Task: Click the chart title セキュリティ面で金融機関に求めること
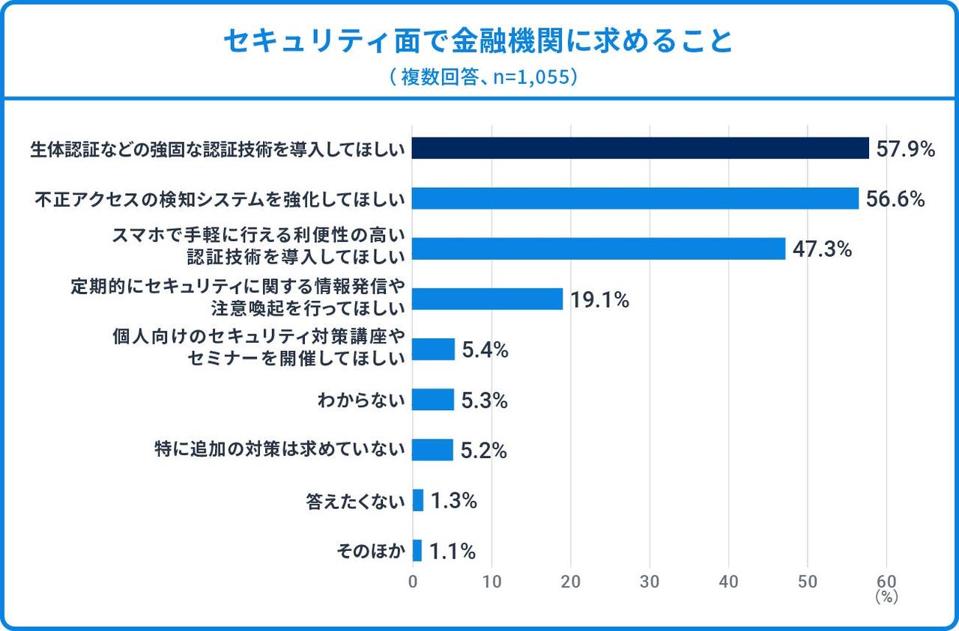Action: pyautogui.click(x=479, y=42)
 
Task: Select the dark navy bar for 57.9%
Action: pyautogui.click(x=641, y=148)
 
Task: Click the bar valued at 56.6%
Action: pyautogui.click(x=635, y=198)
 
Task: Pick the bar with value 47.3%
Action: pyautogui.click(x=599, y=249)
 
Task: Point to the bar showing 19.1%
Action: pyautogui.click(x=488, y=299)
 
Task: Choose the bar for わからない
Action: pyautogui.click(x=433, y=400)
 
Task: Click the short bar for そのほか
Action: pyautogui.click(x=417, y=550)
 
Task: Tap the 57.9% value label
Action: pyautogui.click(x=906, y=150)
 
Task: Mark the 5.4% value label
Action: pyautogui.click(x=485, y=350)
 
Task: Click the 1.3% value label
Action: pyautogui.click(x=453, y=501)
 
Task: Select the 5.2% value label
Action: pyautogui.click(x=484, y=451)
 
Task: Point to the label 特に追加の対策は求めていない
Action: pyautogui.click(x=279, y=450)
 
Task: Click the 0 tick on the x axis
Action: pyautogui.click(x=413, y=582)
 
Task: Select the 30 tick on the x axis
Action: pyautogui.click(x=650, y=582)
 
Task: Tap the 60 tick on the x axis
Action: pyautogui.click(x=886, y=582)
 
